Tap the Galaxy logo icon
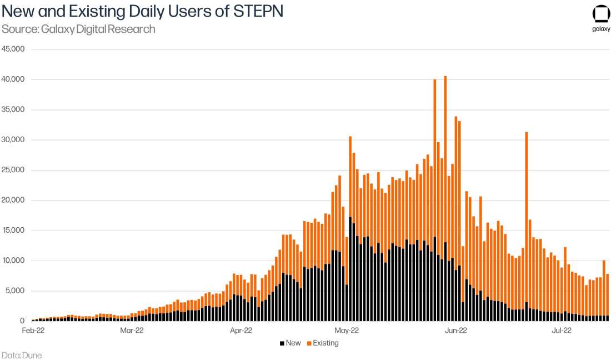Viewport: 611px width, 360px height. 601,14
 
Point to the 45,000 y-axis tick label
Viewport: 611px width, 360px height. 13,49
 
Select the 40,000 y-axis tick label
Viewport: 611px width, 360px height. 13,79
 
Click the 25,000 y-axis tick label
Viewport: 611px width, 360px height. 13,170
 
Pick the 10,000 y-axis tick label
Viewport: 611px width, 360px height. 13,261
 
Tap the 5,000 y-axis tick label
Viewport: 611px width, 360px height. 15,291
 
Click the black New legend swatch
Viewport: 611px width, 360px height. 282,343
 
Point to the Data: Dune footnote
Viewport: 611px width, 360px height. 22,355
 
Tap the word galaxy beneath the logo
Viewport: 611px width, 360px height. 601,30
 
